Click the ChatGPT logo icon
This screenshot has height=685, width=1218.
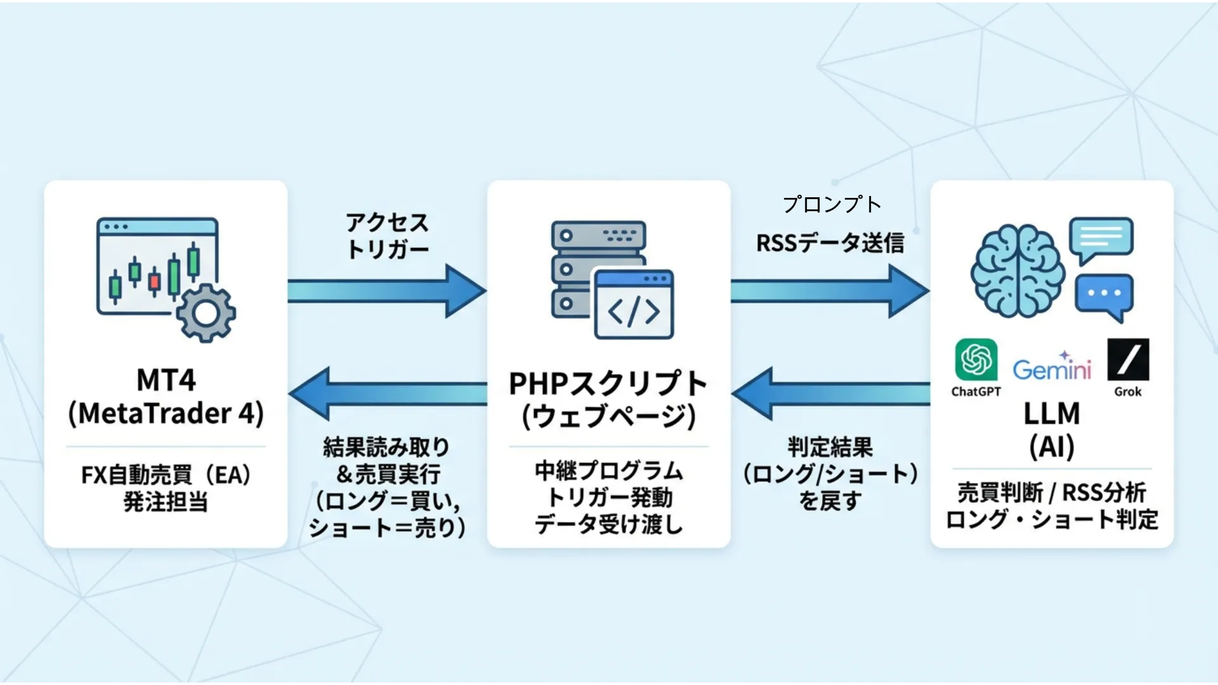976,360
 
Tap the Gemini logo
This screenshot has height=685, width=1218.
1052,367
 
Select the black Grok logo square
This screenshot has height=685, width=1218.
1128,359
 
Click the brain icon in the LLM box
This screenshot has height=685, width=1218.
1018,271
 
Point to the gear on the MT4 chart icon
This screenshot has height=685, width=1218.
206,313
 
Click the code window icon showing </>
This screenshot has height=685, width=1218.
634,304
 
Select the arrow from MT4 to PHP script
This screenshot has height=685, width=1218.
387,291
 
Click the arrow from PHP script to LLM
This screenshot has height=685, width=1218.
830,291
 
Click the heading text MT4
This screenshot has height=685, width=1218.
166,381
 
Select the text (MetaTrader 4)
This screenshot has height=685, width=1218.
166,414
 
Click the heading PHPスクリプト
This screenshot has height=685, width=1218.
608,384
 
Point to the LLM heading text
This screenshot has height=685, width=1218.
1051,414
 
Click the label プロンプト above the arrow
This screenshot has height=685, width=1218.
832,204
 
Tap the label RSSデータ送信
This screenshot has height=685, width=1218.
830,243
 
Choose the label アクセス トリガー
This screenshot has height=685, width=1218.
387,236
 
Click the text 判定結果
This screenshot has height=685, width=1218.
830,447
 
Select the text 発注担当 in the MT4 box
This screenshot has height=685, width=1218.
166,502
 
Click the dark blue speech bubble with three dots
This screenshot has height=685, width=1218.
1104,295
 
